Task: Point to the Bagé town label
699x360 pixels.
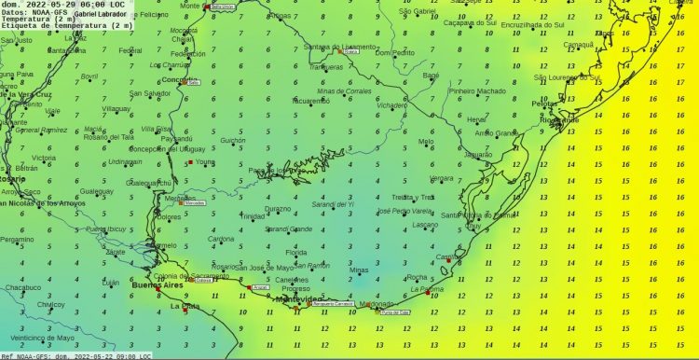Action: pos(431,75)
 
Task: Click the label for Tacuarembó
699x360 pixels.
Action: pos(310,100)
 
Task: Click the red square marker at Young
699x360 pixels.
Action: pos(190,162)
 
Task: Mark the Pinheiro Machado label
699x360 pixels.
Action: pos(477,90)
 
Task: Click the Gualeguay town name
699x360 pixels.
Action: pos(96,190)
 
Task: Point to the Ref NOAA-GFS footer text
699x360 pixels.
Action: pos(24,354)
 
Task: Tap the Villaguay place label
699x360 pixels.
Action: pos(116,108)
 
